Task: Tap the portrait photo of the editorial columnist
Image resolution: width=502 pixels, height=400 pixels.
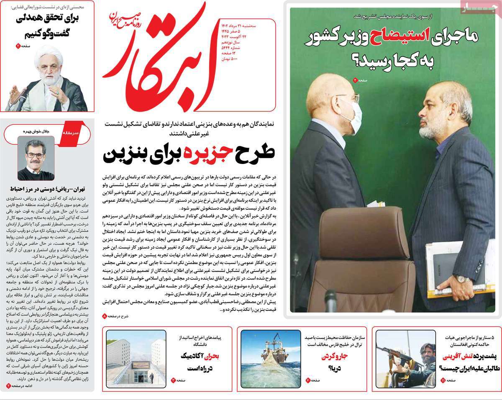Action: [36, 158]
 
